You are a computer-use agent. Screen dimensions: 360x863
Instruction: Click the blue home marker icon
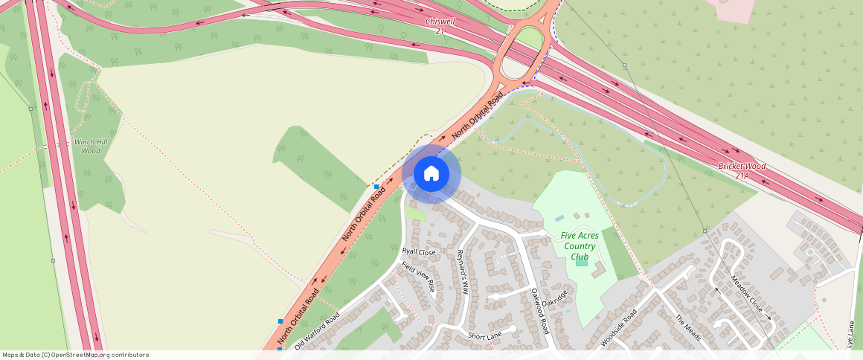coord(431,174)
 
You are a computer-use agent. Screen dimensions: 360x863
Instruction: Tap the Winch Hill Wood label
coord(87,146)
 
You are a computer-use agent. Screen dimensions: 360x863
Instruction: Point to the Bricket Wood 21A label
coord(741,170)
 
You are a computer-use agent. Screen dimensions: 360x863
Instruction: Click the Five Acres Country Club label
coord(580,246)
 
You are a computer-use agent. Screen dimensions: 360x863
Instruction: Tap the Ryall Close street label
coord(419,252)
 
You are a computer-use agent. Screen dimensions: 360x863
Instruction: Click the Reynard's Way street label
coord(462,271)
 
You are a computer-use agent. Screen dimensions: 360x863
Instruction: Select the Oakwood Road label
coord(539,311)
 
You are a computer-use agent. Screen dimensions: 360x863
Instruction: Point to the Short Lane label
coord(484,336)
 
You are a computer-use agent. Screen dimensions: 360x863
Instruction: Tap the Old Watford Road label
coord(317,331)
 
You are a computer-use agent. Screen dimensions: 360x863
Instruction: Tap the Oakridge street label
coord(554,299)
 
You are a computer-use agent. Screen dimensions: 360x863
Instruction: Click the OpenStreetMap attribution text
coord(75,355)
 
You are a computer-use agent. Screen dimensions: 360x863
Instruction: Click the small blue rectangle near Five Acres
coord(559,219)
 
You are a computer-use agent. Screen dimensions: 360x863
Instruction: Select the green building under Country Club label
coord(581,262)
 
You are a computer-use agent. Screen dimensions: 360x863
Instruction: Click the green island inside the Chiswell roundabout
coord(529,37)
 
